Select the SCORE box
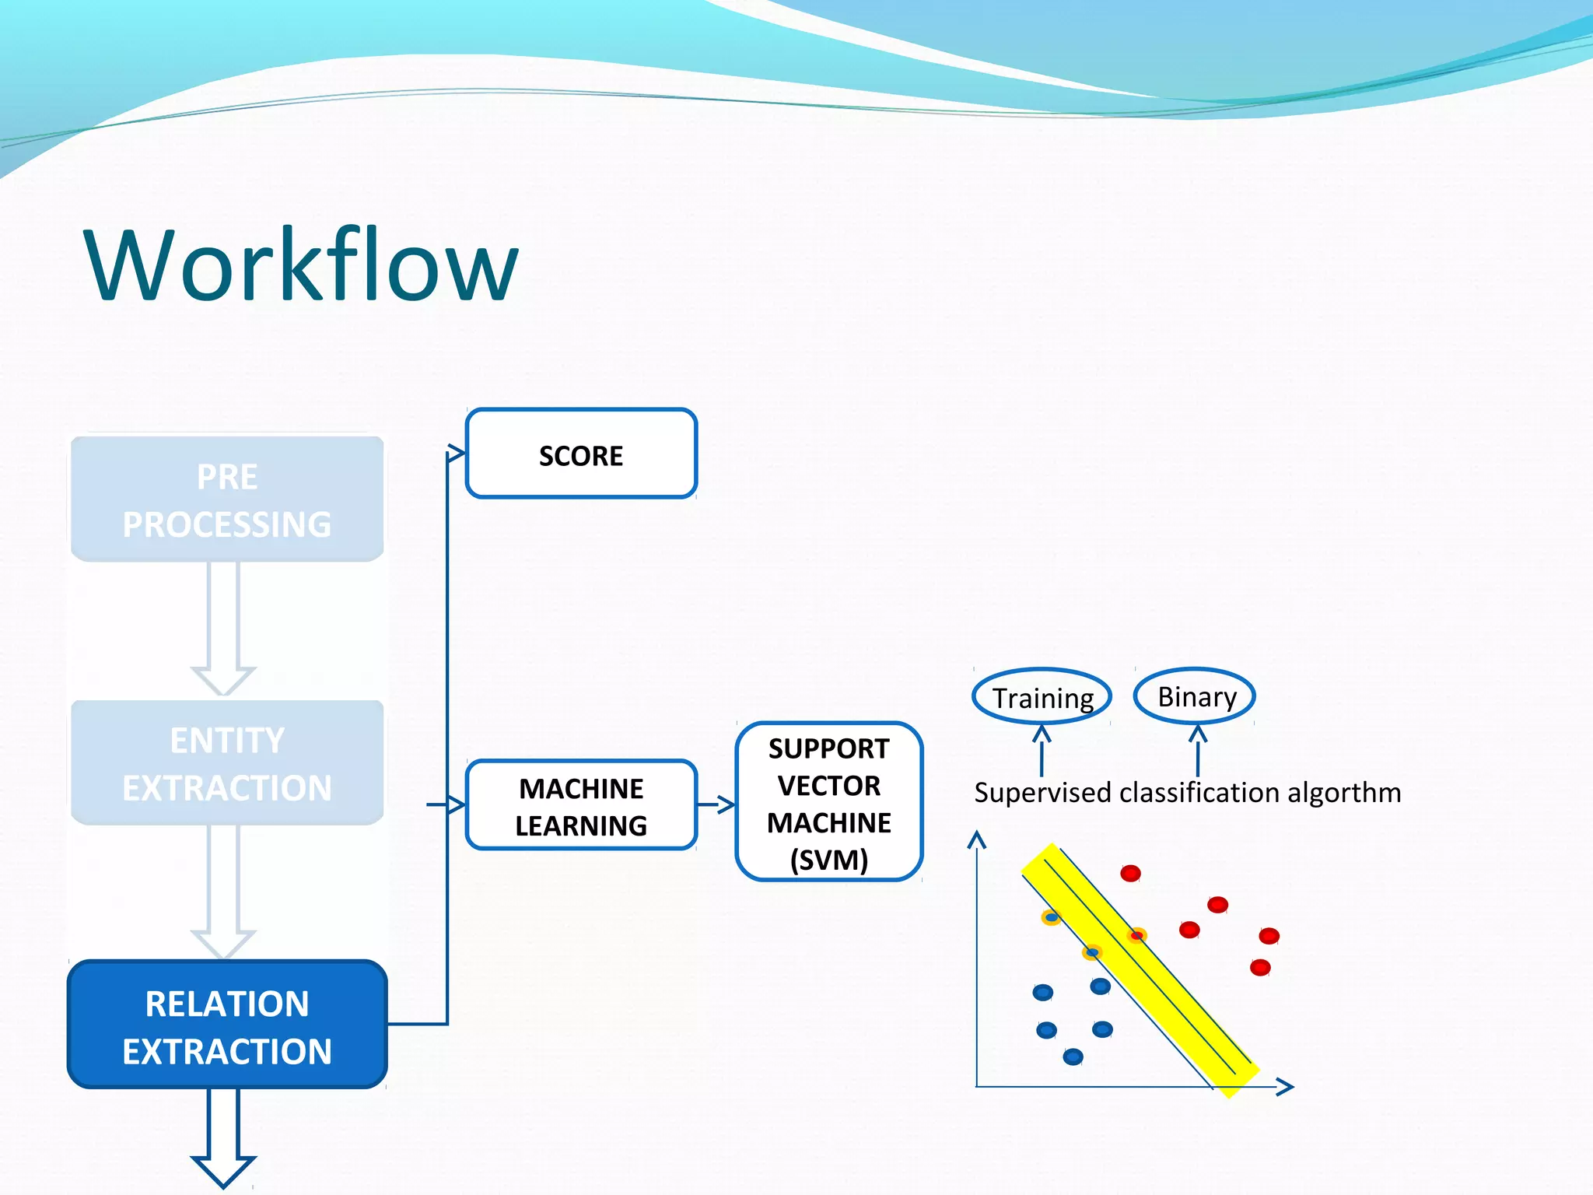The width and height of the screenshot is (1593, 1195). [581, 454]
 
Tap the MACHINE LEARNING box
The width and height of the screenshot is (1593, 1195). [581, 806]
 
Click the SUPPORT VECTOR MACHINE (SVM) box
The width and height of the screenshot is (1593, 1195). [828, 802]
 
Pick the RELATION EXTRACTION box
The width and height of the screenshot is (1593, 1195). [227, 1025]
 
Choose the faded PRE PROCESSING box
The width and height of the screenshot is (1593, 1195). [227, 499]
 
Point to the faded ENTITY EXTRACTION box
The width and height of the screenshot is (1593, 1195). [227, 763]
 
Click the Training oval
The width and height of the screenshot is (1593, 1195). [1042, 697]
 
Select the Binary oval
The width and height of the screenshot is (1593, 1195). [1196, 696]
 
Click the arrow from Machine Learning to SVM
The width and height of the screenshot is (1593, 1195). [716, 804]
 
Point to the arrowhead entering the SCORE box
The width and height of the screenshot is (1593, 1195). [456, 454]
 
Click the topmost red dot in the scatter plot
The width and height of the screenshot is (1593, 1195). [1130, 873]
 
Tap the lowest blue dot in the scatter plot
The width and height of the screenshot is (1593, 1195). [1073, 1057]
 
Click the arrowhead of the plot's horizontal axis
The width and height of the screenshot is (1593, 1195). [1286, 1087]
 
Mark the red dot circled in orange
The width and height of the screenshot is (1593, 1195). [1136, 935]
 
